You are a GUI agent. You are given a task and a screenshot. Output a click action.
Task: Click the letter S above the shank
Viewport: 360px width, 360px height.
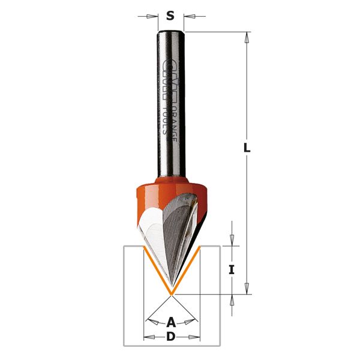tap(170, 16)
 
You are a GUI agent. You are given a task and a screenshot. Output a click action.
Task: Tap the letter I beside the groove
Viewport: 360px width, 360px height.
tap(231, 270)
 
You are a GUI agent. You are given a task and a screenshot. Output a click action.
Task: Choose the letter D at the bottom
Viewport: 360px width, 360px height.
tap(171, 337)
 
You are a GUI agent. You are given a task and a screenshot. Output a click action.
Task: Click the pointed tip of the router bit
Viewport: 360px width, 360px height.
tap(171, 292)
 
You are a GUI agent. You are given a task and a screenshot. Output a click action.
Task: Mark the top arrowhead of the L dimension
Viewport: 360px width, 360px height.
tap(246, 37)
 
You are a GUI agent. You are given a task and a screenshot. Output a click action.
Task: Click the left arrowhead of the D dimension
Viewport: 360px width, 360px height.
tap(148, 337)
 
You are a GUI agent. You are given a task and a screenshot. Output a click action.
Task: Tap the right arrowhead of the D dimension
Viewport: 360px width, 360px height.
tap(194, 337)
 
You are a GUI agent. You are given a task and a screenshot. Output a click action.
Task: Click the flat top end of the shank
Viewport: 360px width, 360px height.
tap(171, 31)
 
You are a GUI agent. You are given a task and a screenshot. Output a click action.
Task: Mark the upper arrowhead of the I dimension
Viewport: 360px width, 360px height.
tap(231, 241)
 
